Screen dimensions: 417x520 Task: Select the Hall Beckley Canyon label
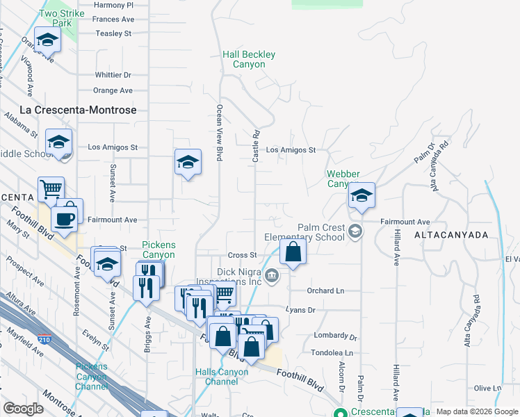coord(249,59)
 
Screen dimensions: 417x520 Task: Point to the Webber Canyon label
coord(343,179)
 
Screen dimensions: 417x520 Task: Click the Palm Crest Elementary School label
coord(321,232)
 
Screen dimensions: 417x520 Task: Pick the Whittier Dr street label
coord(113,75)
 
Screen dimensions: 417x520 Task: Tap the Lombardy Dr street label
coord(334,336)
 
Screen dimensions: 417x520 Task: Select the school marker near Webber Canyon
coord(361,195)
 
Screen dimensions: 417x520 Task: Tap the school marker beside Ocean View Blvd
coord(188,163)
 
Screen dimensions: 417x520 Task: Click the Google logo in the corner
coord(23,409)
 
